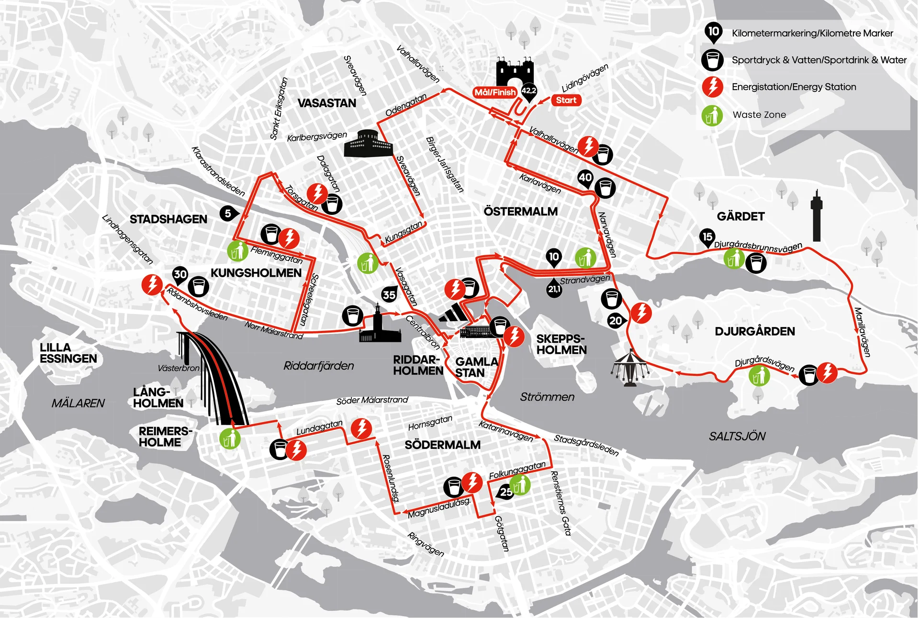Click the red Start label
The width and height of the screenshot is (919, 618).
pos(566,100)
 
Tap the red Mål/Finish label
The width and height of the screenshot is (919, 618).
pos(495,92)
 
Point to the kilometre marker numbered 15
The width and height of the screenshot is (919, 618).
pos(707,237)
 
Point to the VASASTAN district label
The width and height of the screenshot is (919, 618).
pos(326,103)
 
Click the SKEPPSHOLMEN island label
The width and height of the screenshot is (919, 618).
pos(561,344)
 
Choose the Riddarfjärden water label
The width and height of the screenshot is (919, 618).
pos(318,366)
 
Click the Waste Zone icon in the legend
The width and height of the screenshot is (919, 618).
pos(712,115)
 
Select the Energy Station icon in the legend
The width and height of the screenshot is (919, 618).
pos(712,87)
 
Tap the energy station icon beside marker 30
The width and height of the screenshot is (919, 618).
pos(152,285)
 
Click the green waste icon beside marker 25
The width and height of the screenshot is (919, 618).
pos(521,485)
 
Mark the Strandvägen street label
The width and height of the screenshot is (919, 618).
pos(585,280)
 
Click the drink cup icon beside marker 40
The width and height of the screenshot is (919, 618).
pos(605,188)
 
